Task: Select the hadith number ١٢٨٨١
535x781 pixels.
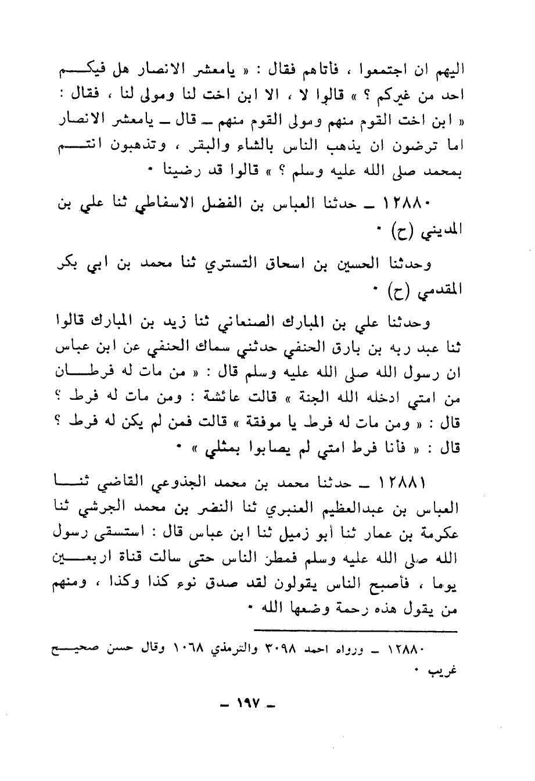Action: coord(407,482)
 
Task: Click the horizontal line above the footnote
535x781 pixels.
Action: coord(356,630)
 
